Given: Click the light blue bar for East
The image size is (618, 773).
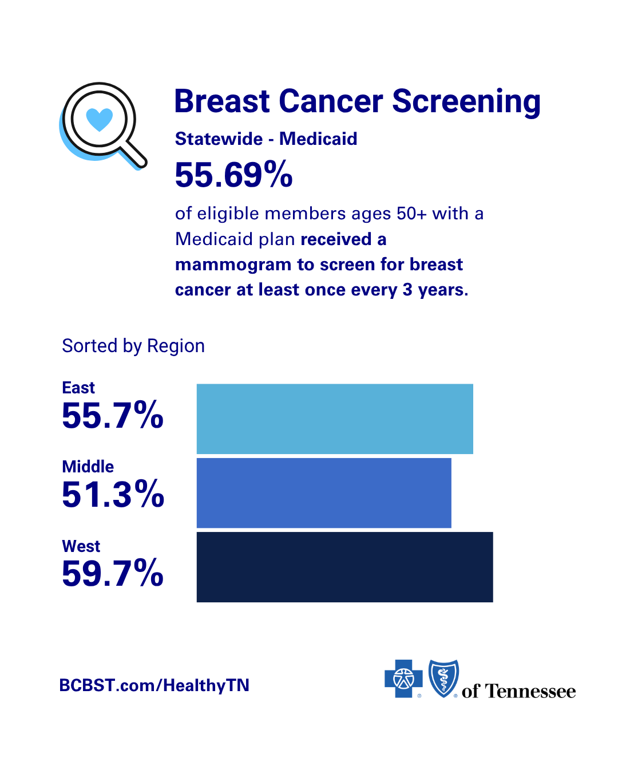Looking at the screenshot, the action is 335,419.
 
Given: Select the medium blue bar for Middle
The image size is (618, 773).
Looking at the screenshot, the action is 324,493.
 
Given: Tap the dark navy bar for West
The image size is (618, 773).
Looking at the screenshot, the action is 344,567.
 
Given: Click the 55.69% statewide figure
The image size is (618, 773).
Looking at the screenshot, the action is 234,175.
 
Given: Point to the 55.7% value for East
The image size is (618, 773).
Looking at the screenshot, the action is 113,415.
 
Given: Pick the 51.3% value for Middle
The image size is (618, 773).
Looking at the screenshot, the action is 113,494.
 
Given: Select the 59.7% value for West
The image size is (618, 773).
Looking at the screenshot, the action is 113,573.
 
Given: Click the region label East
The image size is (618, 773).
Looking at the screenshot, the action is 78,388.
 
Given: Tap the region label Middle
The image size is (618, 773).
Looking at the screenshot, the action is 88,467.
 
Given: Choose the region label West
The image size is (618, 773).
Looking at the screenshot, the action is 81,546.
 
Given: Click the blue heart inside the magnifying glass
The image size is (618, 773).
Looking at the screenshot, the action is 100,120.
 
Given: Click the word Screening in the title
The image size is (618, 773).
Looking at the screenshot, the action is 466,102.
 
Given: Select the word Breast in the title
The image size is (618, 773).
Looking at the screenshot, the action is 222,101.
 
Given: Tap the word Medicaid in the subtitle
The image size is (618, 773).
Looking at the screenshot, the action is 318,139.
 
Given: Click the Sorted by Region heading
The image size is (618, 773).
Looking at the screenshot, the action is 133,346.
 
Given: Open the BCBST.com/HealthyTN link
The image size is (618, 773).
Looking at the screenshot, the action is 154,685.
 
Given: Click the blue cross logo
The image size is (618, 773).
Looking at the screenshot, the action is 403,679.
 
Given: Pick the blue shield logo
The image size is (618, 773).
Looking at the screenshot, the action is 444,678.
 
